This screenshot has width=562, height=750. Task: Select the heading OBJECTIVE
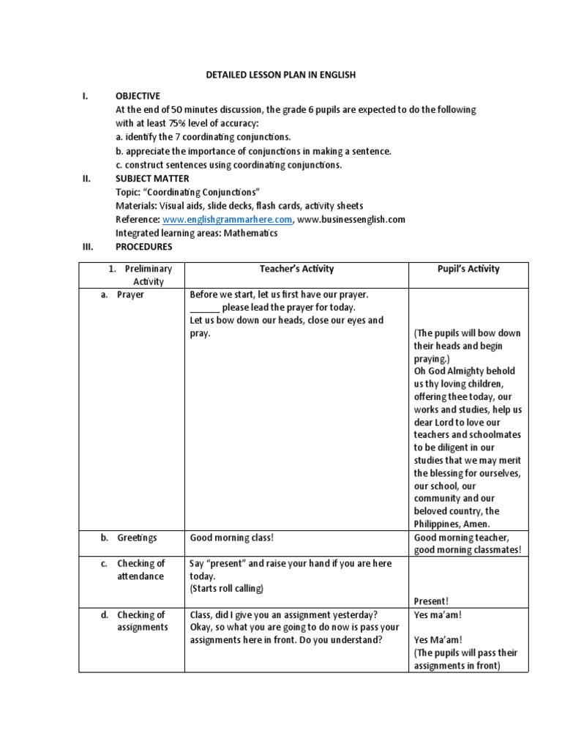point(138,96)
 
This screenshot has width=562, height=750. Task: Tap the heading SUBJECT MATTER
point(152,178)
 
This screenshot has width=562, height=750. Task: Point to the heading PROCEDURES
point(144,247)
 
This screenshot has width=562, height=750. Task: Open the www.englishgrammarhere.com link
point(228,219)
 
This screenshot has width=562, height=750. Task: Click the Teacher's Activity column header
point(296,269)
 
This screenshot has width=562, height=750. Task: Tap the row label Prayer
point(131,294)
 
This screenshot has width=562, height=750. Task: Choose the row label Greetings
point(137,538)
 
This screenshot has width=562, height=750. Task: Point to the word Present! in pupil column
point(431,601)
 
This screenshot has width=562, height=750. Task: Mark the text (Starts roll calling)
point(226,588)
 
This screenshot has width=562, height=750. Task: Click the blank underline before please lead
point(204,308)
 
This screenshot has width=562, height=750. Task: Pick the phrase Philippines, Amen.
point(452,524)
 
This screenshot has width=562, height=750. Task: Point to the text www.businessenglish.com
point(352,219)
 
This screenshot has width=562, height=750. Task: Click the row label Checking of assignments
point(142,621)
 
